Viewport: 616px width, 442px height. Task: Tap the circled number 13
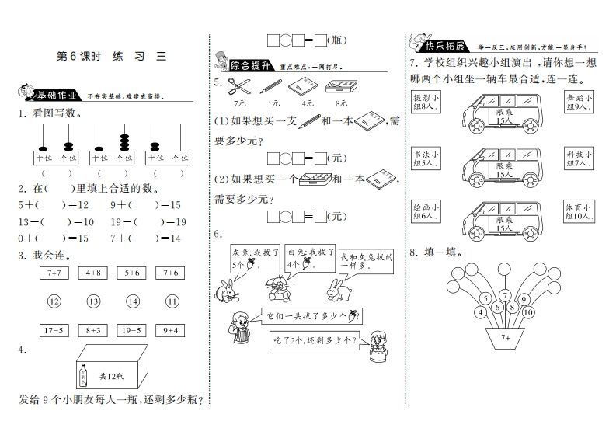point(93,301)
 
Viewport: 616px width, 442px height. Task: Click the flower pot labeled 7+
point(506,338)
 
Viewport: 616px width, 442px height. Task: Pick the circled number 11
point(172,301)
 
